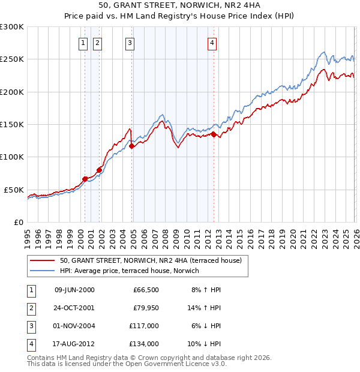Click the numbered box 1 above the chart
pos(82,42)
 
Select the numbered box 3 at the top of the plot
pos(130,42)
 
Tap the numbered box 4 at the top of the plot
pos(212,42)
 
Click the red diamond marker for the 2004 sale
pos(131,146)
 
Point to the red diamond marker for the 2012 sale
pos(214,134)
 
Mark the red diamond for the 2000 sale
pos(85,179)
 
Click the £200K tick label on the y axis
pos(11,92)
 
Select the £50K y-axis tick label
pos(13,190)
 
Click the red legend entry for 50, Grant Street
pos(150,260)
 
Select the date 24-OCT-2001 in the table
pos(74,307)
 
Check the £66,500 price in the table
pos(146,289)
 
